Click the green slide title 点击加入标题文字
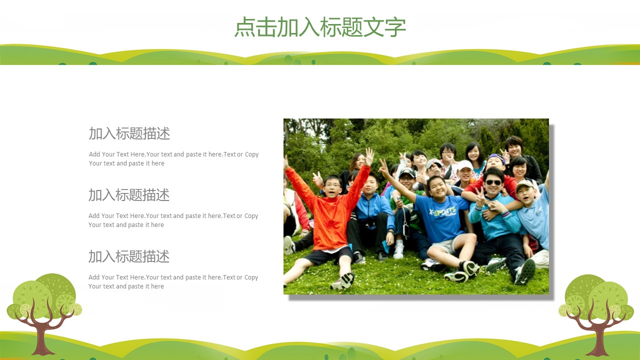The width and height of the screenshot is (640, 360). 320,27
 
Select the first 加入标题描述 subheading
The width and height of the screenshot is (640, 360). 129,133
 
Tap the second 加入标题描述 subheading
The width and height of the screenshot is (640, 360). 129,195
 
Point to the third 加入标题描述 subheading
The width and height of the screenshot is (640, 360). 129,256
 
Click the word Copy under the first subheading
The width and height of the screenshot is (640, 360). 251,154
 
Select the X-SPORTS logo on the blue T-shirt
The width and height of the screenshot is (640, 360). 442,212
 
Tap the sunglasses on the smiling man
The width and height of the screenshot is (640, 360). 493,182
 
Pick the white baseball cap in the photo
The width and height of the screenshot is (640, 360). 464,165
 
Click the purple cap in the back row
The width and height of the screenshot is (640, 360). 496,157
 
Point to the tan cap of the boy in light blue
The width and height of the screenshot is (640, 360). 524,185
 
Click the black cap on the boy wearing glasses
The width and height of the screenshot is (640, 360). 407,172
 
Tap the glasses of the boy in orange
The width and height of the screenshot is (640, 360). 332,185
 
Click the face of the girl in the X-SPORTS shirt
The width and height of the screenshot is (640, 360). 437,188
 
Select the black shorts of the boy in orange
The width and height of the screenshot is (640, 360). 329,255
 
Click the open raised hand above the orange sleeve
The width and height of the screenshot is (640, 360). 369,156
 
